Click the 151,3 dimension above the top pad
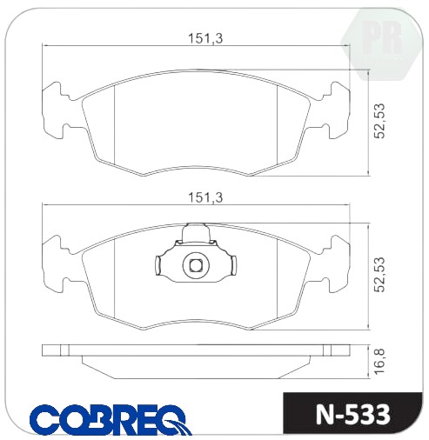coord(205,38)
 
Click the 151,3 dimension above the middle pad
coord(205,197)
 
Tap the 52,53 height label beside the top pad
coord(379,121)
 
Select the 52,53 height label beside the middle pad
coord(379,274)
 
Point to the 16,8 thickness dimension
coord(379,362)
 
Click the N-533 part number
coord(352,415)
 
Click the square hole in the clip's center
coord(196,265)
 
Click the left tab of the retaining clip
coord(158,265)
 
